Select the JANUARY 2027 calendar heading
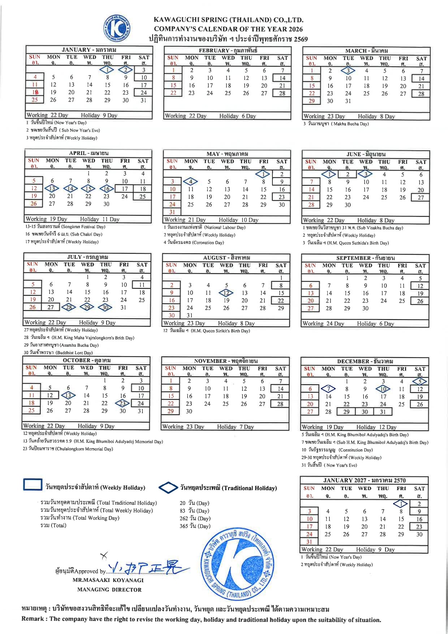tap(364, 480)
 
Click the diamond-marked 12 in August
tap(226, 293)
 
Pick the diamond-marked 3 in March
tap(348, 71)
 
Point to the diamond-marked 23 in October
tap(122, 403)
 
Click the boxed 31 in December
tap(383, 412)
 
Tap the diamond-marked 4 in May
tap(190, 181)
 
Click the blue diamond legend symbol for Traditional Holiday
tap(168, 488)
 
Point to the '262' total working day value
tap(184, 518)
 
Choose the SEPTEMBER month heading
tap(365, 258)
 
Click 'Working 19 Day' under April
tap(46, 219)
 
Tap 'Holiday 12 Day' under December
tap(376, 427)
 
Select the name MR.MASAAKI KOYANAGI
tap(108, 580)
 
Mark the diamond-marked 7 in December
tap(328, 389)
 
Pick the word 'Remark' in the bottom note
tap(33, 619)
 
